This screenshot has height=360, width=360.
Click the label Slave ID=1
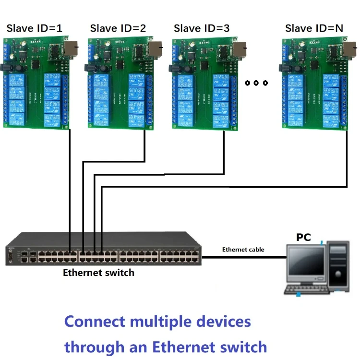[x=34, y=28]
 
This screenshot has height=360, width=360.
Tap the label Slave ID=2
[x=118, y=28]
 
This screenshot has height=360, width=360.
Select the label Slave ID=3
[x=202, y=28]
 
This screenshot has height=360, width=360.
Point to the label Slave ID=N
[x=314, y=28]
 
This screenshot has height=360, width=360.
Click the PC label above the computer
[x=303, y=237]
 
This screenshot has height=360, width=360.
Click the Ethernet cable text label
[x=243, y=250]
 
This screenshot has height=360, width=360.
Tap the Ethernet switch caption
[x=99, y=273]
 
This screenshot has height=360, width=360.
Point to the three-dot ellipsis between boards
[x=255, y=83]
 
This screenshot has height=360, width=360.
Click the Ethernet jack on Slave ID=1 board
[x=72, y=48]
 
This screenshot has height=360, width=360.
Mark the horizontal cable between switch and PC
[x=242, y=257]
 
